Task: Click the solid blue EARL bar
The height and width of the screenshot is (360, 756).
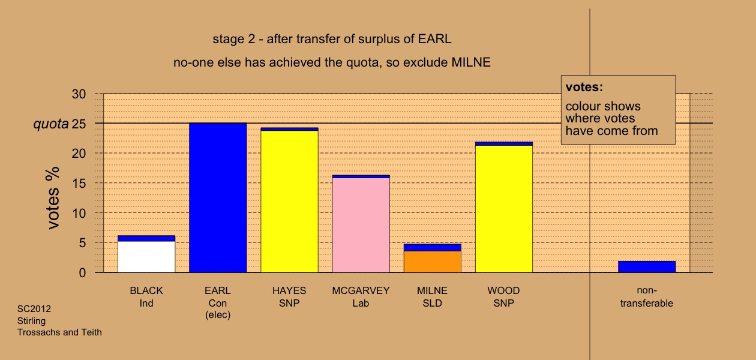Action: (218, 198)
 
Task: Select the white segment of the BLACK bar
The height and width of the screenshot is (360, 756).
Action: (146, 257)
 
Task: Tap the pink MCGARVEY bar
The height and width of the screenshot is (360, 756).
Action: (361, 225)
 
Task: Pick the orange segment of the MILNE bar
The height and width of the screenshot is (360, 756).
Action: (433, 262)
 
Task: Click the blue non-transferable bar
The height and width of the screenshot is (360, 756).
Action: (647, 266)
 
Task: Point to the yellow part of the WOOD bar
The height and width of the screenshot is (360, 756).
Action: (504, 209)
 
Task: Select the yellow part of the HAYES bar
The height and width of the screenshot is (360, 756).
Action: (289, 202)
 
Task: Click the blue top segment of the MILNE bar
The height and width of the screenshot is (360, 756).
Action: (433, 247)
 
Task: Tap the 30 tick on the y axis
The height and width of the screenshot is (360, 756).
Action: (79, 94)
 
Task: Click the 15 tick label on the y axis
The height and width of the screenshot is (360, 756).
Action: (79, 183)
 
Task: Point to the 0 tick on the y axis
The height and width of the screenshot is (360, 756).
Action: (82, 272)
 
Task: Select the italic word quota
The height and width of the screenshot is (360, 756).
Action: (51, 124)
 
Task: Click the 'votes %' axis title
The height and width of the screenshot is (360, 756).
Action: (53, 198)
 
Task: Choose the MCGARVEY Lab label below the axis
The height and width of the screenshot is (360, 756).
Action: (361, 296)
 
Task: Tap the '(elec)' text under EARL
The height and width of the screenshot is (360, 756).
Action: (218, 315)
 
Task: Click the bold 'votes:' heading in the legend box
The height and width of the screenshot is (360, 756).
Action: (584, 87)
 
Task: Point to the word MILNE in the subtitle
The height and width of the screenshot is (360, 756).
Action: (471, 62)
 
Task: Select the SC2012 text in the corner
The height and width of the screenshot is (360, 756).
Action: (34, 309)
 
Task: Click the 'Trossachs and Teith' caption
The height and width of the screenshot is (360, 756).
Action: (59, 332)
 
